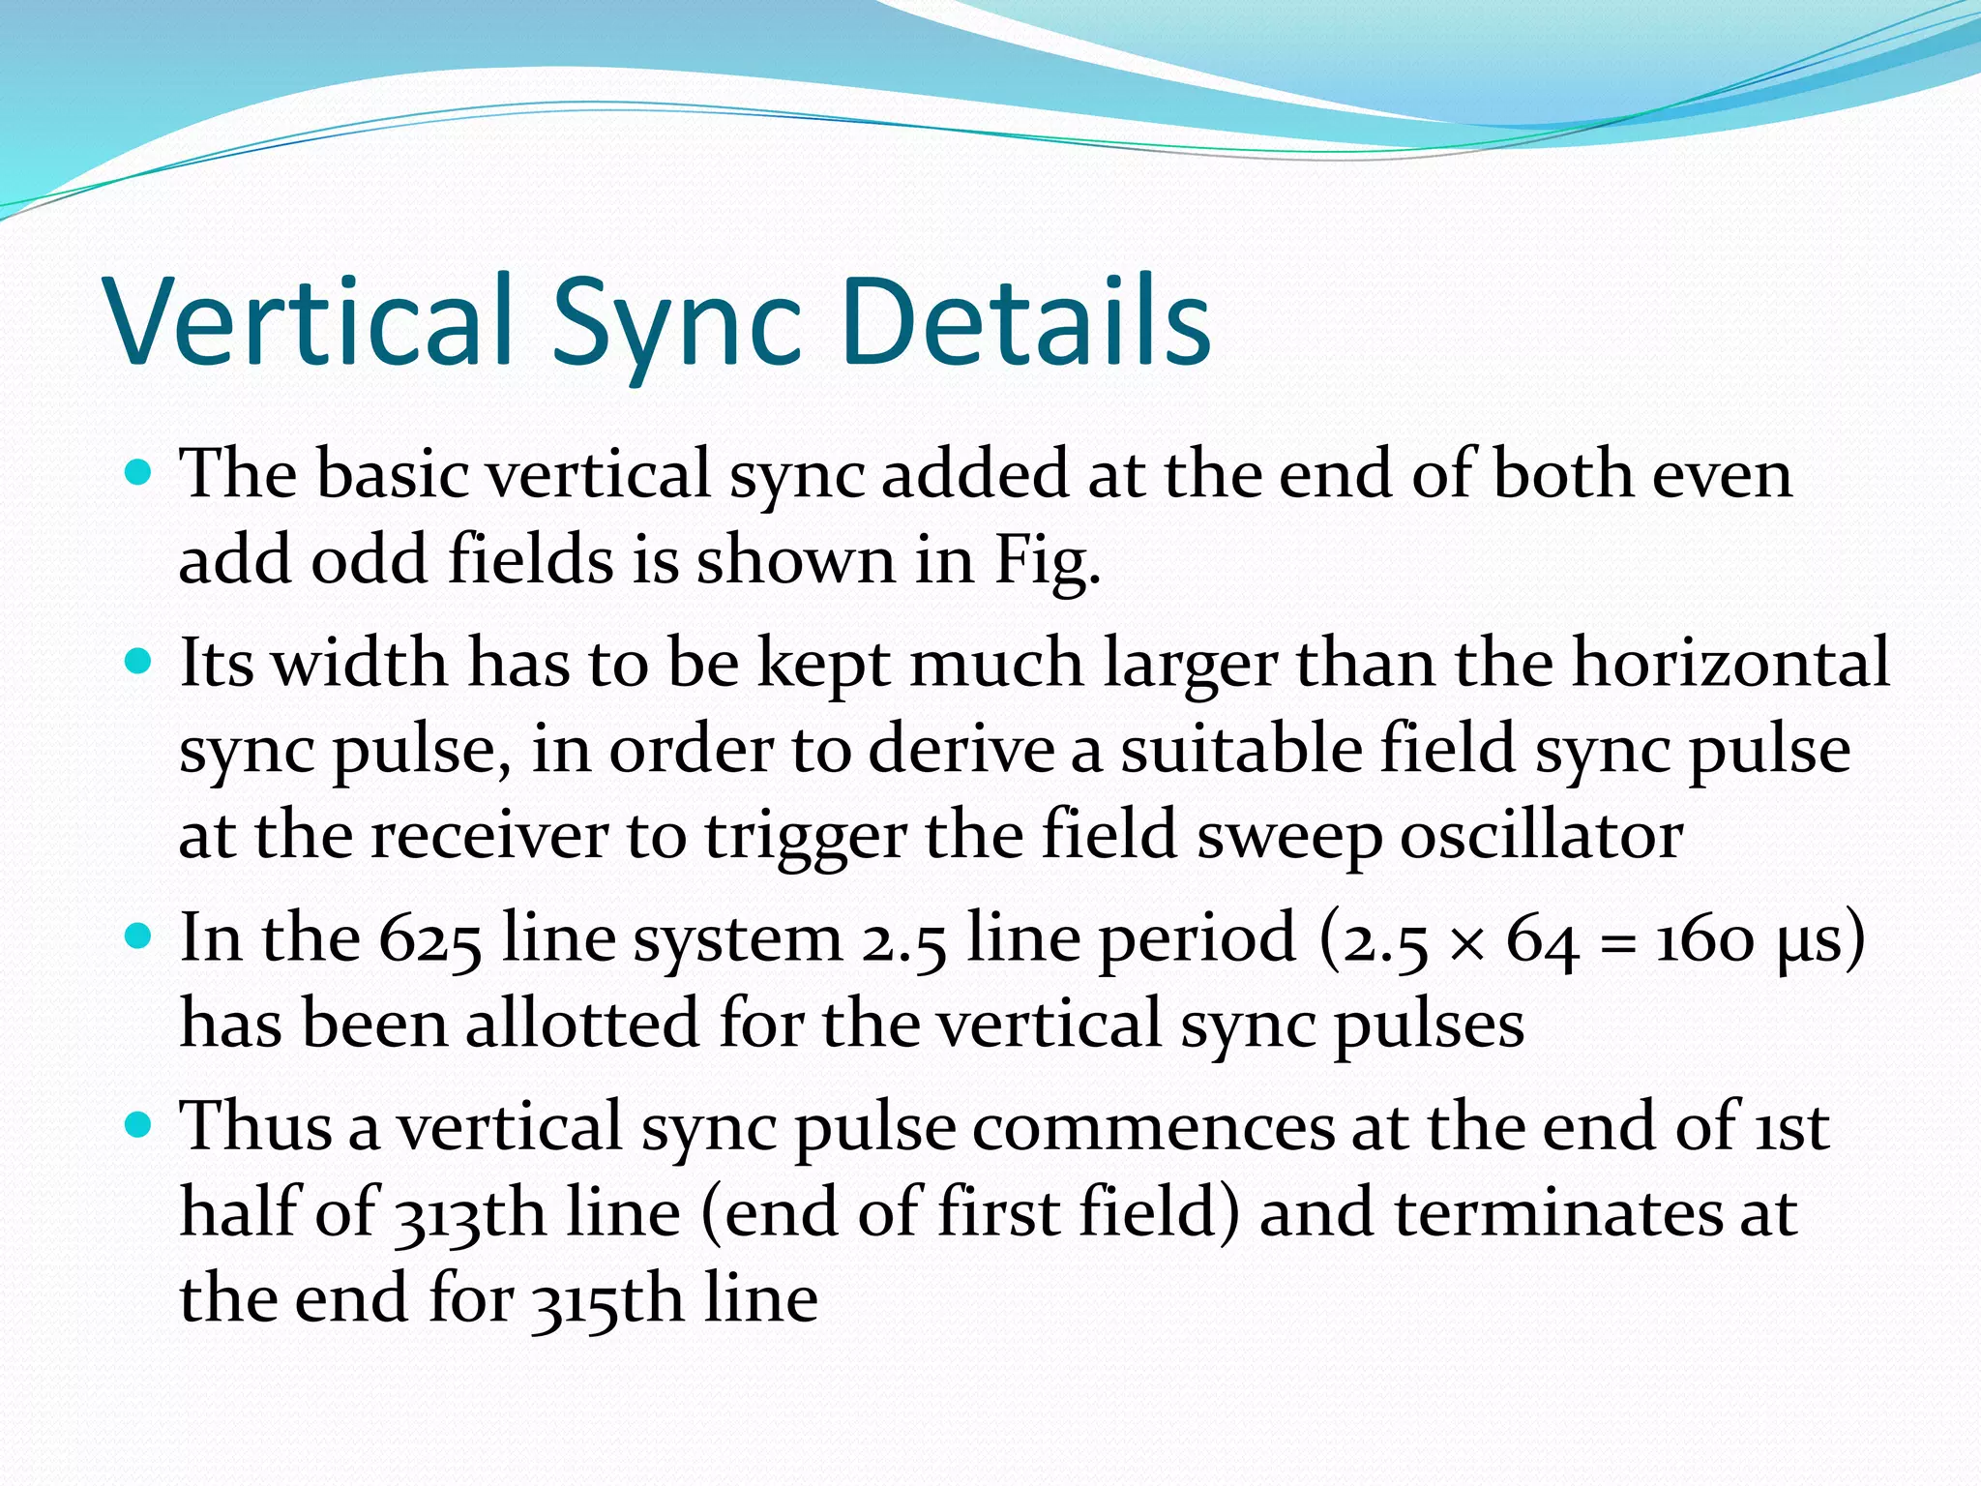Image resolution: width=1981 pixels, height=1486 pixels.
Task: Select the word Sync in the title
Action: coord(677,329)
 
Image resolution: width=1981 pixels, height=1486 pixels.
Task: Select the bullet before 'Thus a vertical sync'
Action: coord(140,1125)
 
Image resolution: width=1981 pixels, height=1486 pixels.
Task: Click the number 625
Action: coord(429,940)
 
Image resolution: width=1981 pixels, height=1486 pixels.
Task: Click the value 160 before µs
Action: coord(1704,940)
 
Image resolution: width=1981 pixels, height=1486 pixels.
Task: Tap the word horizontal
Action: coord(1730,663)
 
